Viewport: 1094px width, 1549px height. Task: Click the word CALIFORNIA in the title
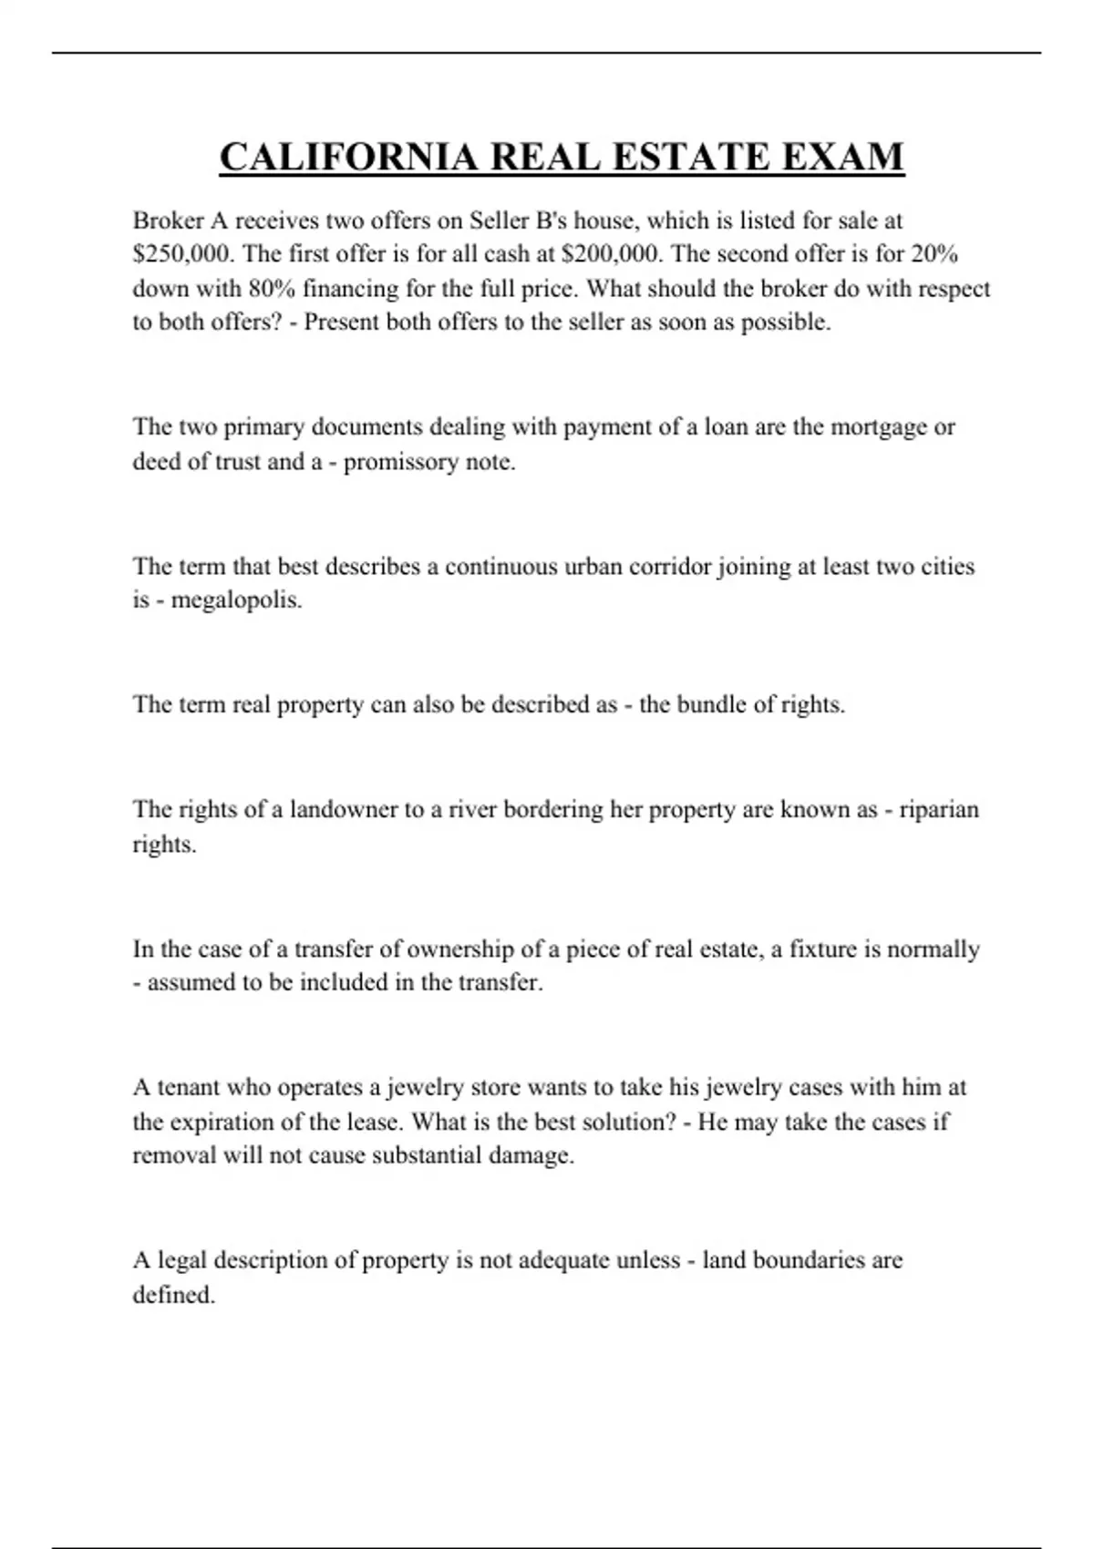(x=348, y=157)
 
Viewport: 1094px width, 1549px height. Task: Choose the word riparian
(x=939, y=810)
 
